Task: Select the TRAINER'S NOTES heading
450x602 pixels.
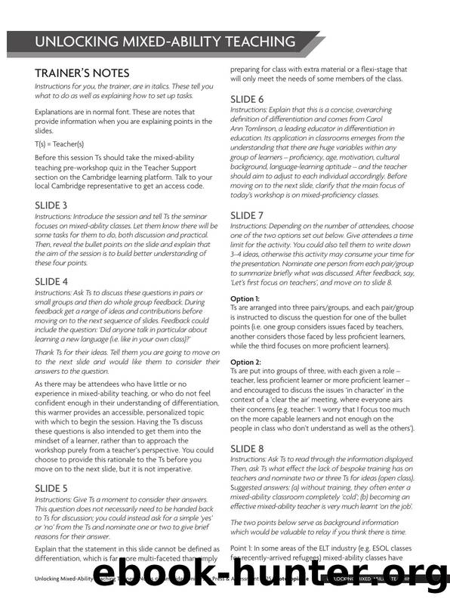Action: click(82, 73)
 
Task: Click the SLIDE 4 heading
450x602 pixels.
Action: click(51, 281)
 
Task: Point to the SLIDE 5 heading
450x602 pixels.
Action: click(51, 488)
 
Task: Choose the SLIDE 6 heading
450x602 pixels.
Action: click(247, 99)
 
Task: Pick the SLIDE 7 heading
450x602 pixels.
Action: click(247, 215)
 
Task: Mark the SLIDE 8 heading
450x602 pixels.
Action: click(247, 448)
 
